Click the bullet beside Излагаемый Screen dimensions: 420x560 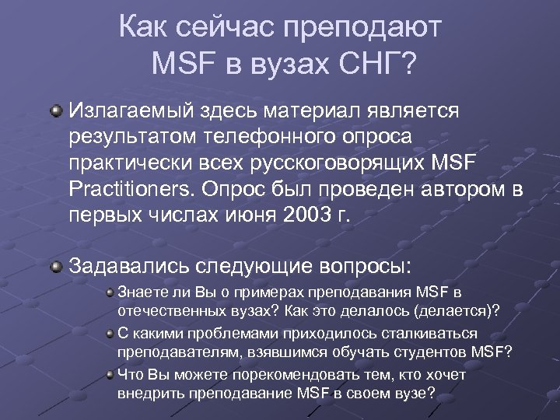54,110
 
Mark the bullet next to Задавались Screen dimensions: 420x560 54,266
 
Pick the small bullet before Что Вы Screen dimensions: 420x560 110,375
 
